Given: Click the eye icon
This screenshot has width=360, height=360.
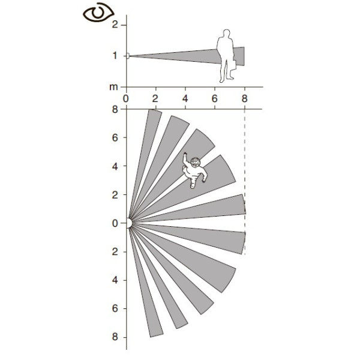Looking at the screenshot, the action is tap(98, 13).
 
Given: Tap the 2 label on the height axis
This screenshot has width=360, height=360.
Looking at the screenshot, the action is tap(115, 25).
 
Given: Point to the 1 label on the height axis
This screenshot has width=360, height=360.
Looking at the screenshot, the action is tap(115, 56).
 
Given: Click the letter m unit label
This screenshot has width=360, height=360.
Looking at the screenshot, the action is tap(113, 87).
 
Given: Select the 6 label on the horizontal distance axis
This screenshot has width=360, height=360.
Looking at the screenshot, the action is tap(214, 98).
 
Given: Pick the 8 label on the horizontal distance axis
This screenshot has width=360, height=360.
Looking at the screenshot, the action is tap(245, 98).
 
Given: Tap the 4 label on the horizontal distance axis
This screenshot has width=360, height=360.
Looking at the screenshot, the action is tap(185, 98).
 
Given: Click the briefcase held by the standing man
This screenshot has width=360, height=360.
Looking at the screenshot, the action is tap(233, 65).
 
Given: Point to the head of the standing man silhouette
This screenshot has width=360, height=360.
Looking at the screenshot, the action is tap(226, 33).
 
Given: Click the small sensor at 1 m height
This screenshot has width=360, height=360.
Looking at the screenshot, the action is tap(128, 56).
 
